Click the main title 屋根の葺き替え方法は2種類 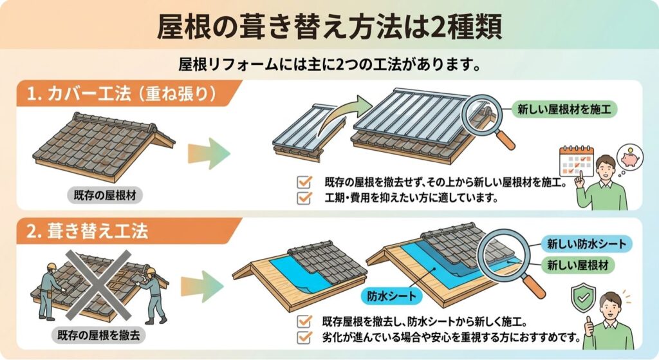pyautogui.click(x=329, y=26)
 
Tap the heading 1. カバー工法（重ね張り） pyautogui.click(x=122, y=94)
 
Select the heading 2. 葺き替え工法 pyautogui.click(x=88, y=231)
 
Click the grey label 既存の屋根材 pyautogui.click(x=105, y=196)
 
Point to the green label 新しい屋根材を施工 pyautogui.click(x=564, y=109)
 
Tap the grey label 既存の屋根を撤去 pyautogui.click(x=98, y=335)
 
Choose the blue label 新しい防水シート pyautogui.click(x=586, y=243)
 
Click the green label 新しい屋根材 pyautogui.click(x=577, y=265)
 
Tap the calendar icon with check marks pyautogui.click(x=577, y=161)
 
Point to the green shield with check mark pyautogui.click(x=583, y=298)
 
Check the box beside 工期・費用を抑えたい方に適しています pyautogui.click(x=304, y=198)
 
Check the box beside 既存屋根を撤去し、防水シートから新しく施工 pyautogui.click(x=304, y=321)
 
